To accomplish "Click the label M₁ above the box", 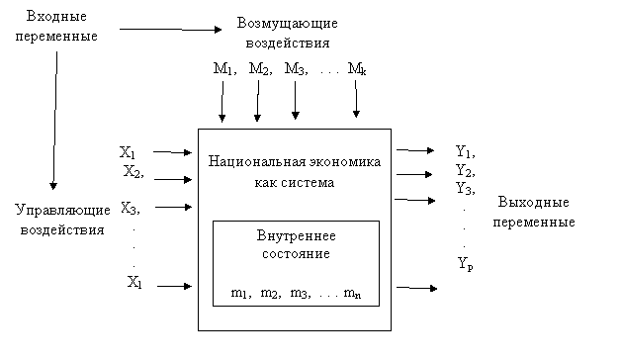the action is point(223,69).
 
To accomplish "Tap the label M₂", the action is point(259,69).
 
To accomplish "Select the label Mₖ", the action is point(357,69).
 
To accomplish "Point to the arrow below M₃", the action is point(295,100).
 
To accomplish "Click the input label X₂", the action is point(133,172).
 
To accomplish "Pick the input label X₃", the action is point(129,208).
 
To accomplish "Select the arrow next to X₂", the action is point(173,180).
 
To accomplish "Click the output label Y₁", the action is point(464,151).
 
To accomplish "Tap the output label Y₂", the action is point(464,171).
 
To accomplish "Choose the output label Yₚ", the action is point(466,264).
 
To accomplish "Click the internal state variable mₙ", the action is point(352,294).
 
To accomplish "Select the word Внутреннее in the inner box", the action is point(297,235).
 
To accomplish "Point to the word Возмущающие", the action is point(288,24).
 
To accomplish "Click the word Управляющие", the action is point(62,210).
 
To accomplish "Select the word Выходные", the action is point(533,202).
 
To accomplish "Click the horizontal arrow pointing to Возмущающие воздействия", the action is point(170,30).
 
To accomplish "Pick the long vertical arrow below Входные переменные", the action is point(55,121).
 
